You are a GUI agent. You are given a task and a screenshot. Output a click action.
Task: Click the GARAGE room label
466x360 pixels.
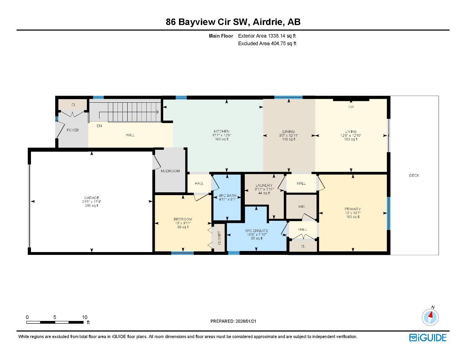91,198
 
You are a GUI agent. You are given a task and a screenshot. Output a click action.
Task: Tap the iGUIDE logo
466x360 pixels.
428,338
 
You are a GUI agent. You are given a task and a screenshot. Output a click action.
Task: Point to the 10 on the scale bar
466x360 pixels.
84,317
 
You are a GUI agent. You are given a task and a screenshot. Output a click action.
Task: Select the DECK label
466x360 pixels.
414,175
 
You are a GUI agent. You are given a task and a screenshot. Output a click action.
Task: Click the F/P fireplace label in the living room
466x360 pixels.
351,107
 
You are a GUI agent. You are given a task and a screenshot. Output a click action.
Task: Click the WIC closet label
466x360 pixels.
301,207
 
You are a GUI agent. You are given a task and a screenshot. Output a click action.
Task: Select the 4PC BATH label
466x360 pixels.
227,195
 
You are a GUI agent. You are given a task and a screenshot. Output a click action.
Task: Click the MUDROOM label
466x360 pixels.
170,171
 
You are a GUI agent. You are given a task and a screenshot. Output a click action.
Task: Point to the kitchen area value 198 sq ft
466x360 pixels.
222,139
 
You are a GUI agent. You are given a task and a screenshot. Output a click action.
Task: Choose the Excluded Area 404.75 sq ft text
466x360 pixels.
267,44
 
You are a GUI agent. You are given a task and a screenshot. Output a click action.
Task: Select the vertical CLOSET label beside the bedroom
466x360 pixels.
219,238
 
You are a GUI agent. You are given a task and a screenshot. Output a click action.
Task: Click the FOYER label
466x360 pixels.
73,130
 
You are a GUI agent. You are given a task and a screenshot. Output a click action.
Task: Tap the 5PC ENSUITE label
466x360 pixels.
257,231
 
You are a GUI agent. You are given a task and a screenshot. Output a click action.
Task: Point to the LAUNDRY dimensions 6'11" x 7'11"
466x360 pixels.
264,189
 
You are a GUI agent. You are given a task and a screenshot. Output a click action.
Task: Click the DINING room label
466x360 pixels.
288,131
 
